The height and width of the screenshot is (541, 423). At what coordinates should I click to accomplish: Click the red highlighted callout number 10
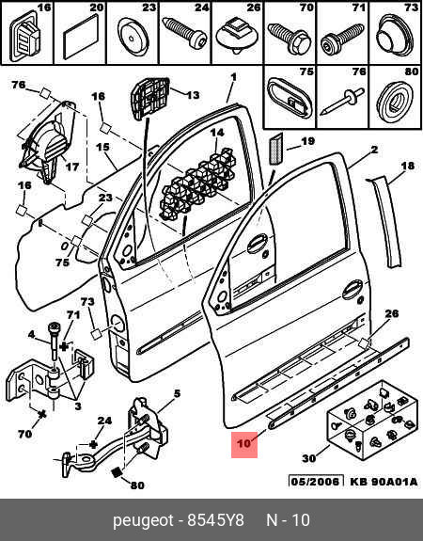pos(244,443)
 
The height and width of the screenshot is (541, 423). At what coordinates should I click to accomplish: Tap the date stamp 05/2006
pos(316,482)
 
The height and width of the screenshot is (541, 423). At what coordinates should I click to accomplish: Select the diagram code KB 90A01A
pos(384,482)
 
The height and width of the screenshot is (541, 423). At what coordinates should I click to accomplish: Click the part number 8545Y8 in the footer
pos(215,520)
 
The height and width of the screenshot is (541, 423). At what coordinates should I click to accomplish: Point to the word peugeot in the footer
pos(143,521)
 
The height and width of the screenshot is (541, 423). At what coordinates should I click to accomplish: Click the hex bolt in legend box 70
pos(290,39)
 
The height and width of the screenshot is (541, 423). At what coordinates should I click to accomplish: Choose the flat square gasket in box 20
pos(80,40)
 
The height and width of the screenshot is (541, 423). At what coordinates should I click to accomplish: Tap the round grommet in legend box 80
pos(395,101)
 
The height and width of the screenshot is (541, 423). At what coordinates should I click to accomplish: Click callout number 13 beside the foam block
pos(193,94)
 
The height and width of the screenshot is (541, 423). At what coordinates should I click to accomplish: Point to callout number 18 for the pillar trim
pos(407,166)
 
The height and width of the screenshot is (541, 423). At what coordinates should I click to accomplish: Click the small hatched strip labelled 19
pos(275,149)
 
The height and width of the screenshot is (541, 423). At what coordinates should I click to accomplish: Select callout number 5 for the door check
pos(177,393)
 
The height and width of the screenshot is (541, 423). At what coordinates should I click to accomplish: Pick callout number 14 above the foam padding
pos(217,133)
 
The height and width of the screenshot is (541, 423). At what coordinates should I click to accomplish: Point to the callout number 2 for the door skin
pos(374,150)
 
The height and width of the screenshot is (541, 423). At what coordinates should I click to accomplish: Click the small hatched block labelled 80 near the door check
pos(117,471)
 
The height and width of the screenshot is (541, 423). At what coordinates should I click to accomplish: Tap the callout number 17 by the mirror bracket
pos(72,167)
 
